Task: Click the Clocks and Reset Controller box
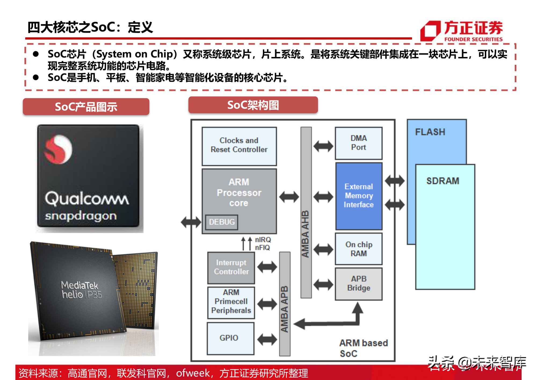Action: pos(239,146)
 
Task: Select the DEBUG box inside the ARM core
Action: pos(222,222)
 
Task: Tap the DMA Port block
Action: pos(358,143)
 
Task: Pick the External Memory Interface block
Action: pos(358,196)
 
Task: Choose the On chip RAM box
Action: pos(358,249)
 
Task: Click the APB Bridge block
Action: pos(358,284)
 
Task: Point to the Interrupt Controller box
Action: pos(231,267)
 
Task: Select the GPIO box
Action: pos(230,338)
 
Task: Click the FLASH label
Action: pos(430,132)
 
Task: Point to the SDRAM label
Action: pos(443,181)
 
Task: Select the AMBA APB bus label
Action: pos(285,309)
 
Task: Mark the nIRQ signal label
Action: pos(263,239)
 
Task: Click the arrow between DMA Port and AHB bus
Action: pos(323,146)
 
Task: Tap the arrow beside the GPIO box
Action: pos(267,339)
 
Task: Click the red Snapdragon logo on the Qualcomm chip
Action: pos(58,149)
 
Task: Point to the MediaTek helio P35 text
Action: pos(81,290)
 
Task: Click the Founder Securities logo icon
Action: pos(430,31)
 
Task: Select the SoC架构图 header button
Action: pos(253,105)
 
